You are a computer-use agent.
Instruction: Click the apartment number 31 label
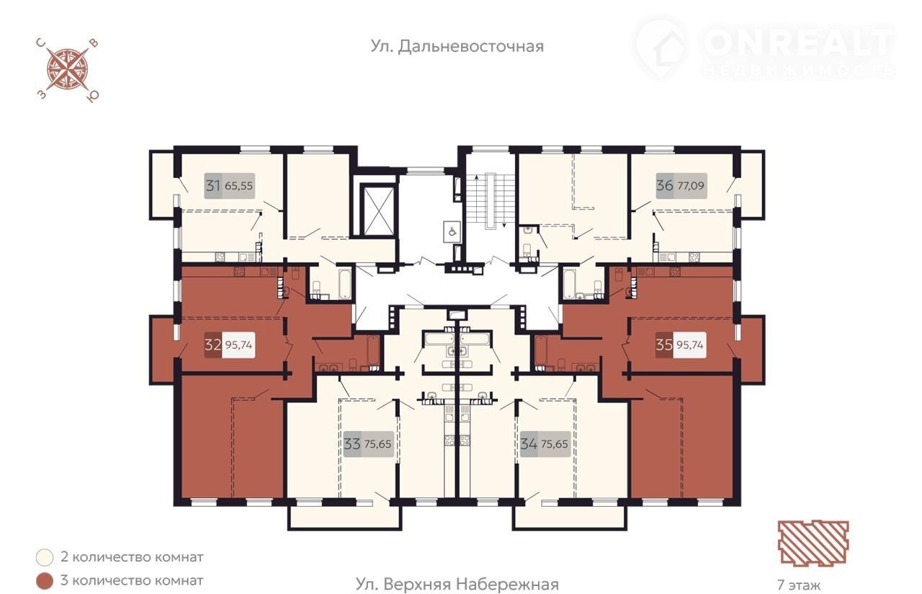click(x=212, y=186)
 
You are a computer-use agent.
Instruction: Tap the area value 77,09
click(x=691, y=186)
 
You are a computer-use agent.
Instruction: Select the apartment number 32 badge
click(x=212, y=345)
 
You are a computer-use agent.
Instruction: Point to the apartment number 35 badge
click(x=664, y=345)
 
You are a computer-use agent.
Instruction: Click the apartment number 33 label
click(x=352, y=444)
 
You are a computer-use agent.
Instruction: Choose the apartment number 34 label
click(x=529, y=444)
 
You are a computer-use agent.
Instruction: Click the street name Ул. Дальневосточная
click(x=457, y=47)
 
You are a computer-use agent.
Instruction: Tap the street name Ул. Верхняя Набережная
click(x=457, y=584)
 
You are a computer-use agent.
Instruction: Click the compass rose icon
click(x=68, y=70)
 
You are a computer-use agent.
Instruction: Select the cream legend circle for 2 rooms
click(x=45, y=558)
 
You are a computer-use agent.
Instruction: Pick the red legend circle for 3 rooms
click(x=45, y=581)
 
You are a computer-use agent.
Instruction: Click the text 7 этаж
click(x=799, y=585)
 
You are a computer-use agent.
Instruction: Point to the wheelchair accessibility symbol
click(x=452, y=231)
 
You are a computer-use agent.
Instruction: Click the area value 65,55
click(x=238, y=186)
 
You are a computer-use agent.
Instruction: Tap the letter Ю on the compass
click(x=93, y=96)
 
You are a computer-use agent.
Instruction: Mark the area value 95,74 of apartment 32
click(x=239, y=345)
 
